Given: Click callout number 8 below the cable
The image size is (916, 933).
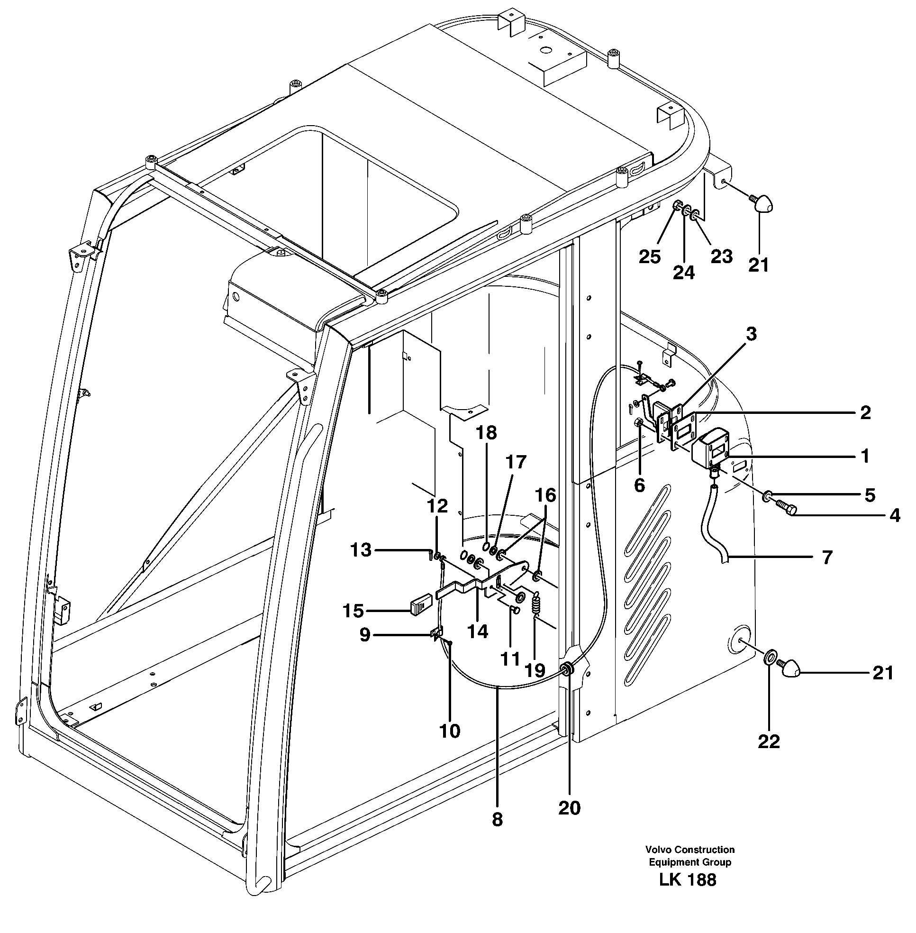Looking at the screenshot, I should pos(497,819).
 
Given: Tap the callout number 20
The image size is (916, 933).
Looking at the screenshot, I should pos(569,808).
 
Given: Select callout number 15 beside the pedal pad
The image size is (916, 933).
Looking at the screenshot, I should pos(353,611).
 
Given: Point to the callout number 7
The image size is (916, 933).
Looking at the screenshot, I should pos(826,558).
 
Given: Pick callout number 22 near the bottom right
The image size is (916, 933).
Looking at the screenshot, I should pos(768,741).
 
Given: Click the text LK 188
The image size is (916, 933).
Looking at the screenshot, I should pos(688,880).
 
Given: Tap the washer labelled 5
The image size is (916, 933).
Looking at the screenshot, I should pos(768,495).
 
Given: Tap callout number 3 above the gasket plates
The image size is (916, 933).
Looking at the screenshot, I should pos(751,334).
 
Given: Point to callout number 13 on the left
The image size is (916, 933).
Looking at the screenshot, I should pos(361,550).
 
